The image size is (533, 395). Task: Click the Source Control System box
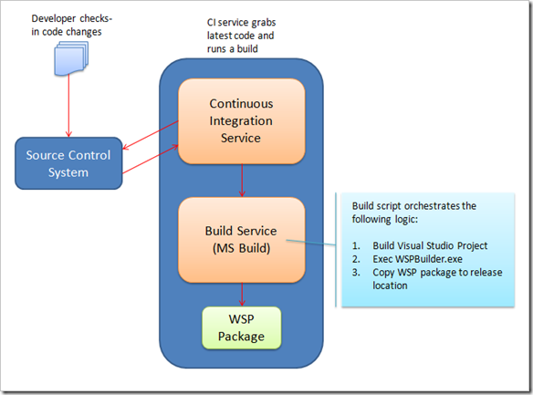tap(69, 162)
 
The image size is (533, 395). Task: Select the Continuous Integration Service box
tap(241, 120)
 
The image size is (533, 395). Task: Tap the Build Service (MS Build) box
tap(241, 238)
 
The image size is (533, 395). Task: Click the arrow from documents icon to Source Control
tap(68, 105)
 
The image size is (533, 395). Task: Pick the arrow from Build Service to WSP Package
tap(241, 294)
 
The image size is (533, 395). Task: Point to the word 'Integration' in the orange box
tap(241, 120)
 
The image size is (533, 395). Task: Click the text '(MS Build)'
tap(241, 246)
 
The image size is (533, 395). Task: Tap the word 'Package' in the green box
tap(241, 337)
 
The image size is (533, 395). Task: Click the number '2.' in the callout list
tap(358, 259)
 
